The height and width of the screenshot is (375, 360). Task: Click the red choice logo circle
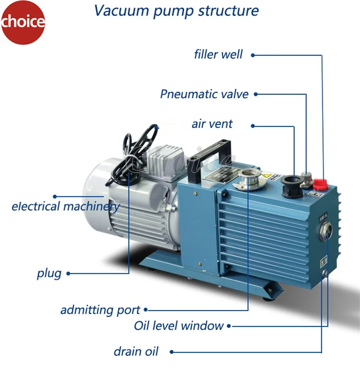coord(22,22)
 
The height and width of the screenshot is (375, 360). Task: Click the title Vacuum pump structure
coord(176,11)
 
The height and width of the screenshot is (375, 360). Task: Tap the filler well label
coord(218,55)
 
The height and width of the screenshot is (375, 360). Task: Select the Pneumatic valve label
coord(204,94)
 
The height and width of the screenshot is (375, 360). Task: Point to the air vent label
coord(212,124)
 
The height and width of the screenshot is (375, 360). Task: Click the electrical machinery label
coord(66,207)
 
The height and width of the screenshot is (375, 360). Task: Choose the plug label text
coord(49,273)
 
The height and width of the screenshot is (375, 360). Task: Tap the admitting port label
coord(100,310)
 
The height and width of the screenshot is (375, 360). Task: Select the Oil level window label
coord(179,325)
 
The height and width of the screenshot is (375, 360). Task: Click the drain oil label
coord(136,352)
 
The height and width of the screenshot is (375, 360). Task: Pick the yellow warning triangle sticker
coord(265,175)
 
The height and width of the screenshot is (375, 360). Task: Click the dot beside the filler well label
coord(253,55)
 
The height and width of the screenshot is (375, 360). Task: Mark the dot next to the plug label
coord(68,273)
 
